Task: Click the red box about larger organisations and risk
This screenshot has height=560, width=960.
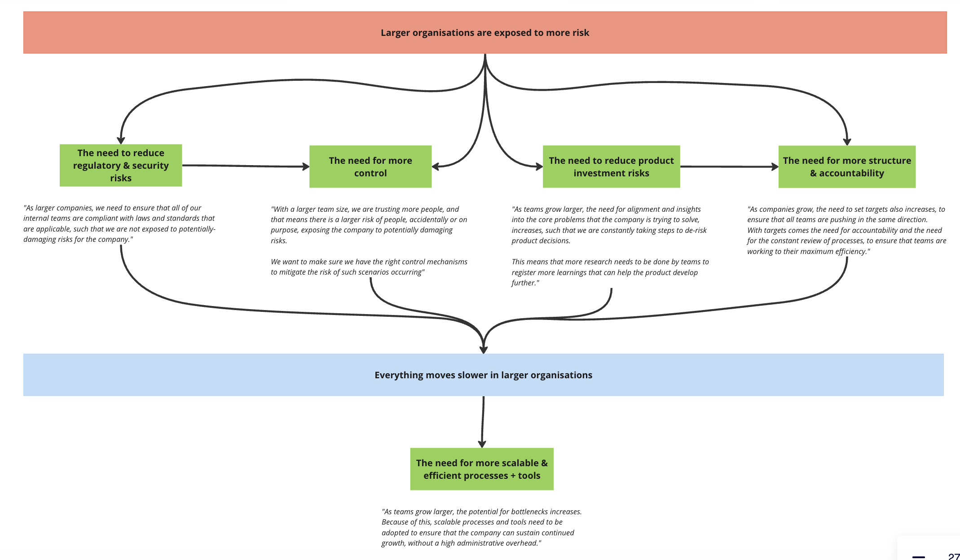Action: click(x=485, y=32)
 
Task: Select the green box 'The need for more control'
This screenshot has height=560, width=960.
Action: click(x=370, y=166)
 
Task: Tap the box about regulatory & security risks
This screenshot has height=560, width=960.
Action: click(x=121, y=165)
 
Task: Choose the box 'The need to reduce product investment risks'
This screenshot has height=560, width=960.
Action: click(x=611, y=166)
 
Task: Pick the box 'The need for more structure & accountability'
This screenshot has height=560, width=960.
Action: click(x=847, y=166)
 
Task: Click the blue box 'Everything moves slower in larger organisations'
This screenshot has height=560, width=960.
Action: click(x=484, y=375)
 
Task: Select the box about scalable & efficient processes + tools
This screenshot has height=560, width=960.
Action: click(x=482, y=469)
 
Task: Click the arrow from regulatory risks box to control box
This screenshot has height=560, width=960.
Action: click(x=246, y=166)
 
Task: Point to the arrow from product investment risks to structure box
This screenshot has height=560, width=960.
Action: click(x=729, y=166)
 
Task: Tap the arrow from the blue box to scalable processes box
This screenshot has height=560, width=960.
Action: click(x=483, y=422)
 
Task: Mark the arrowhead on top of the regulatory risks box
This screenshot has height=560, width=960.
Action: click(x=121, y=140)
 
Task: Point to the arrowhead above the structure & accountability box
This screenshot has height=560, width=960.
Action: click(x=847, y=142)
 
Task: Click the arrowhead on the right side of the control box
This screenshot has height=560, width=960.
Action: click(x=436, y=166)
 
